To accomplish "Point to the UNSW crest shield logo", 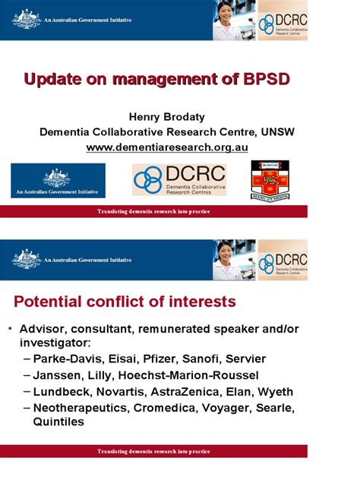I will click(271, 179).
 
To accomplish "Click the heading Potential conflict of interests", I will click(125, 302).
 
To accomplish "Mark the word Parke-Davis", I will click(67, 358).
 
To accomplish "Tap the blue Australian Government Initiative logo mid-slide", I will click(58, 181).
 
